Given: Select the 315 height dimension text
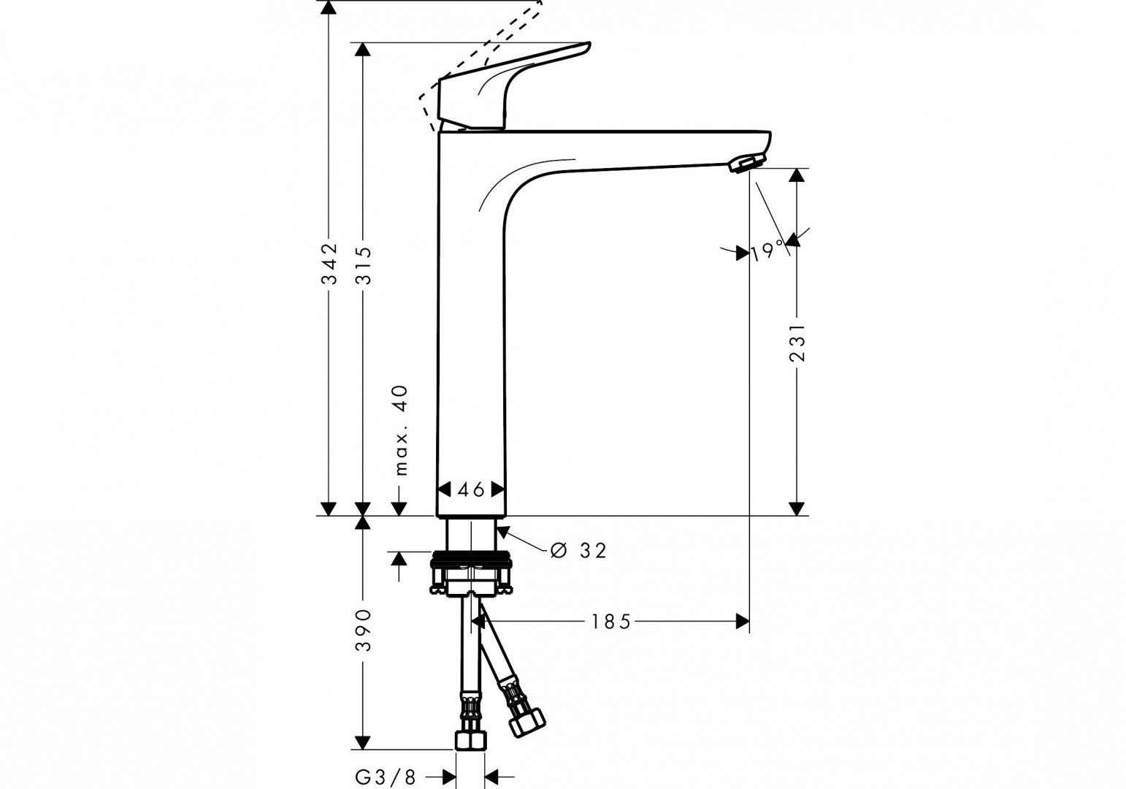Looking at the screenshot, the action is (363, 265).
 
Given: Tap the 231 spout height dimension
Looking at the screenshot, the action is (797, 343).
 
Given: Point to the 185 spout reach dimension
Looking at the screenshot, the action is (610, 622).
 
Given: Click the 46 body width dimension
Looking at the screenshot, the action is (471, 489).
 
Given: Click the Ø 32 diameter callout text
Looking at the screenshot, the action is (578, 551).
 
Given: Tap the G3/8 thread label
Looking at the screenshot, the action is (386, 777).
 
